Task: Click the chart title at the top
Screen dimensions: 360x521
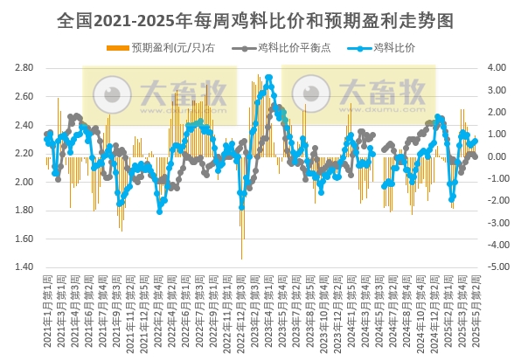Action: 260,17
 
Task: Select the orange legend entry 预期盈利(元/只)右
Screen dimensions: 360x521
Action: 163,47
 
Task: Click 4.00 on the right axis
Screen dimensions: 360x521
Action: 496,68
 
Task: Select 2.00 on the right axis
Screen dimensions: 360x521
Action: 496,113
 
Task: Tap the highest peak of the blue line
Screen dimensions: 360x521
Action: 268,77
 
